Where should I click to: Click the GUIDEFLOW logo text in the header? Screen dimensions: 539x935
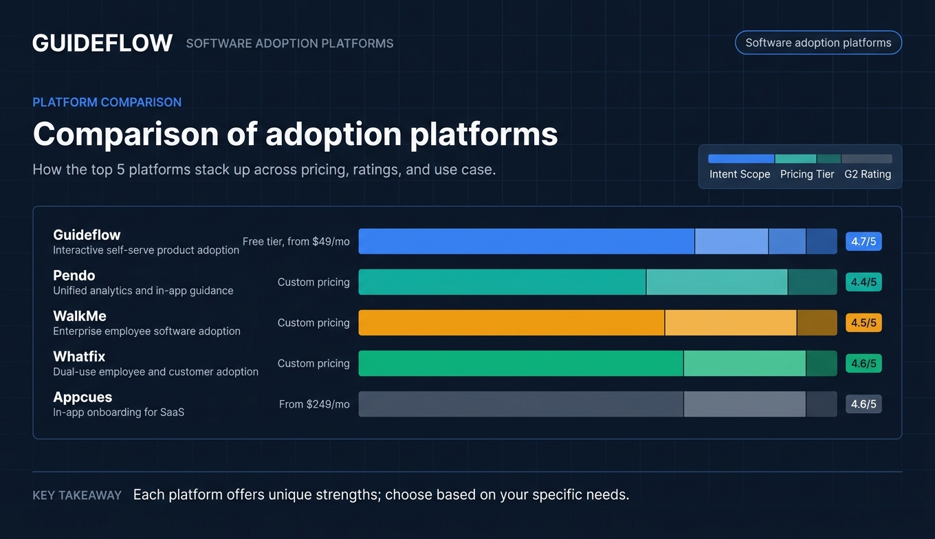pyautogui.click(x=102, y=43)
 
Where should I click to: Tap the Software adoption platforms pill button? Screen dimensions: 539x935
pyautogui.click(x=818, y=43)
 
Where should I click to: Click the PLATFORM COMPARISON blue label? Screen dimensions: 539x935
pyautogui.click(x=107, y=102)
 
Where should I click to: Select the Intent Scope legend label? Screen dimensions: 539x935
pyautogui.click(x=740, y=175)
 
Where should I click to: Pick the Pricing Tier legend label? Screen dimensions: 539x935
pyautogui.click(x=807, y=175)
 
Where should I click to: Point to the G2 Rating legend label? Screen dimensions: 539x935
pyautogui.click(x=868, y=175)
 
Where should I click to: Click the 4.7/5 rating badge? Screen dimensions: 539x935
pyautogui.click(x=863, y=241)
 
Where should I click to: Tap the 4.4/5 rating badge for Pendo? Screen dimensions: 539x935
pyautogui.click(x=863, y=282)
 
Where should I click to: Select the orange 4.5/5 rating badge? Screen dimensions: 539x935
pyautogui.click(x=863, y=323)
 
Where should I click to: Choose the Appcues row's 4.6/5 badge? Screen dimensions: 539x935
pyautogui.click(x=863, y=404)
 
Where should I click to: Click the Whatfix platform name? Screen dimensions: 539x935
pyautogui.click(x=79, y=357)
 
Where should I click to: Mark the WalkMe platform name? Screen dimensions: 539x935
pyautogui.click(x=80, y=316)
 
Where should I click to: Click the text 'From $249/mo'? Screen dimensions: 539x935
pyautogui.click(x=314, y=404)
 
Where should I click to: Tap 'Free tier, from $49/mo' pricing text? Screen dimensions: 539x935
pyautogui.click(x=296, y=241)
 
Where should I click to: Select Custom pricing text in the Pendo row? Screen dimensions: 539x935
pyautogui.click(x=313, y=282)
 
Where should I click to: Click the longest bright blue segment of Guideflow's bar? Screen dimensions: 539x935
pyautogui.click(x=526, y=241)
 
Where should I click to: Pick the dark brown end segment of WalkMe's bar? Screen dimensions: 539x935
pyautogui.click(x=817, y=323)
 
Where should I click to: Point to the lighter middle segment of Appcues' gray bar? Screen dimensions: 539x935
pyautogui.click(x=745, y=404)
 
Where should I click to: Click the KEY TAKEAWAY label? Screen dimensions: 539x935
pyautogui.click(x=77, y=495)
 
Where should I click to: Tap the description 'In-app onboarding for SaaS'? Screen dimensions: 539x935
pyautogui.click(x=119, y=412)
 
